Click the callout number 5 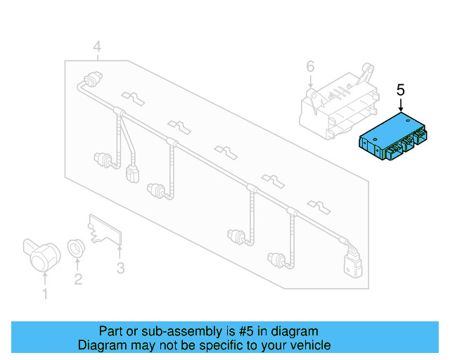401,90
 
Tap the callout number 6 310,67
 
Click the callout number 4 97,47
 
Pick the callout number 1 46,294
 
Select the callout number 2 77,280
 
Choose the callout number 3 120,268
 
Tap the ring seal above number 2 76,247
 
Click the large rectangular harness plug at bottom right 351,265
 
